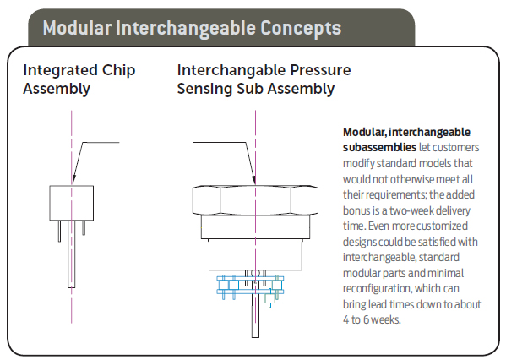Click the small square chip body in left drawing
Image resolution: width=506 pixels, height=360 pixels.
[x=72, y=203]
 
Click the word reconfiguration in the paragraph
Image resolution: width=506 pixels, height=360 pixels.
[x=378, y=280]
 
